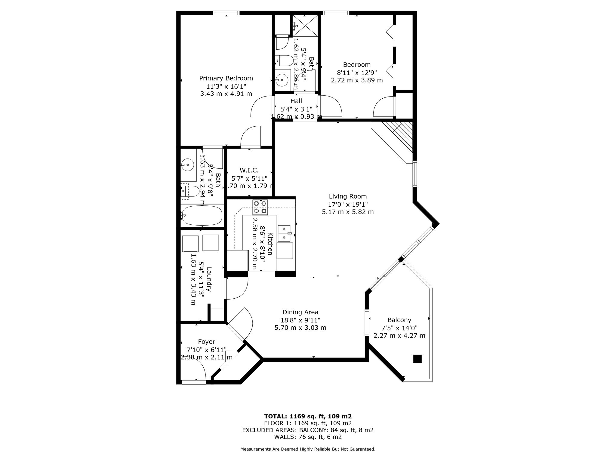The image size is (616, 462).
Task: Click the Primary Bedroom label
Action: coord(226,79)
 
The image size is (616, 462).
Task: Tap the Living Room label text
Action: coord(348,197)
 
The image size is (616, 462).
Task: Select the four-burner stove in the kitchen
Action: coord(260,207)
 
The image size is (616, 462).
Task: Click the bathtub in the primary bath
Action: coord(202,215)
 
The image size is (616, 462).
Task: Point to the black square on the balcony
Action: coord(417,359)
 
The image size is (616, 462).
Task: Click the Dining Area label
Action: coord(300,313)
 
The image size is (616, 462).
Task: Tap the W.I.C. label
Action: coord(249,171)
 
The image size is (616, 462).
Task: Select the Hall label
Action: coord(296,101)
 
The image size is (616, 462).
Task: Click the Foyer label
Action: coord(206,342)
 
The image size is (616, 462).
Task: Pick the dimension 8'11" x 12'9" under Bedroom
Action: coord(357,72)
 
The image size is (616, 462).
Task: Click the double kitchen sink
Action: coord(284,233)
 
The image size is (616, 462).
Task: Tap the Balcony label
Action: coord(399,320)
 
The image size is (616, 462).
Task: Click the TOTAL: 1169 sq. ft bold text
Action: coord(308,417)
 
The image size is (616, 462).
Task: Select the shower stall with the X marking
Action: coord(305,26)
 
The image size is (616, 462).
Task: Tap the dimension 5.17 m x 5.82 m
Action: coord(348,212)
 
